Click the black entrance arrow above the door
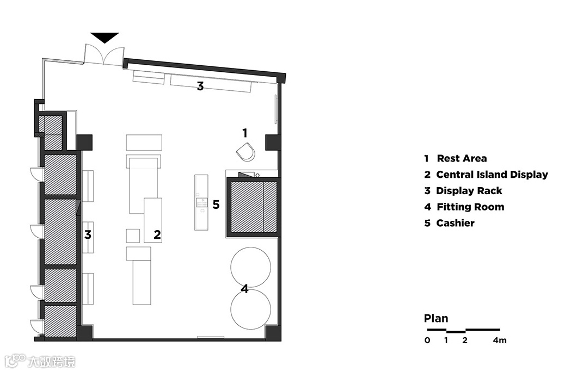click(105, 38)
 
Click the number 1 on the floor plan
click(245, 132)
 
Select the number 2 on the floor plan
click(157, 234)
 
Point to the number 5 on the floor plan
click(216, 204)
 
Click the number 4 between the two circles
click(245, 289)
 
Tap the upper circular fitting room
click(250, 266)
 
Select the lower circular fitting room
click(250, 309)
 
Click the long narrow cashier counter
click(201, 202)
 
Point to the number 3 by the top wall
click(200, 86)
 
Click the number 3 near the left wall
click(87, 235)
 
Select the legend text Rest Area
click(462, 159)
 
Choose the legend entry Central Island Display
click(492, 175)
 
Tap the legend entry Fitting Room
click(470, 207)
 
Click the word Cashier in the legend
click(455, 223)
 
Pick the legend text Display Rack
click(469, 191)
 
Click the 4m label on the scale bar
click(500, 341)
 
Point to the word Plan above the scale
click(436, 319)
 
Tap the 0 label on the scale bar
click(427, 341)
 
